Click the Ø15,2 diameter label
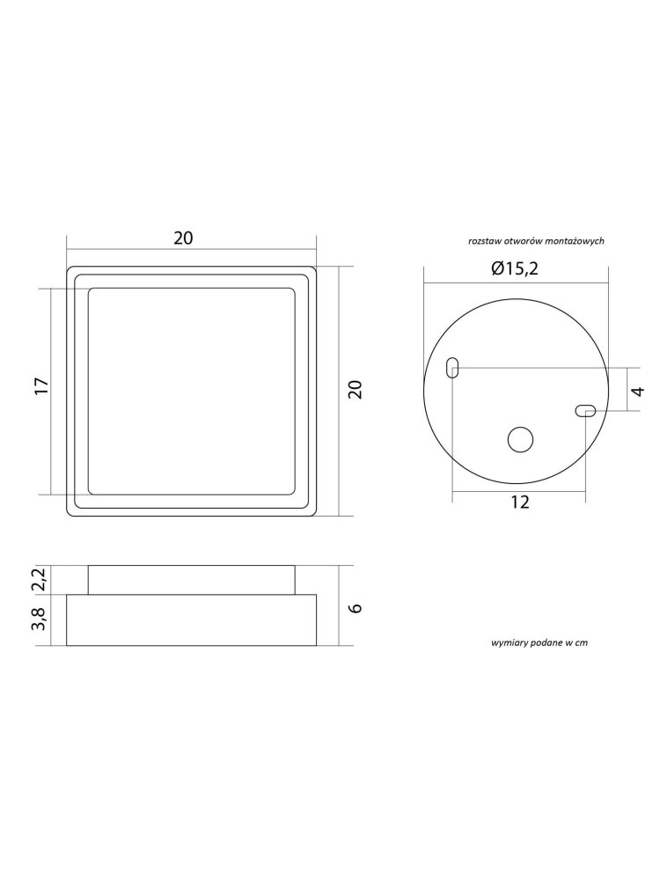(515, 268)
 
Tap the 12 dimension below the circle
(520, 502)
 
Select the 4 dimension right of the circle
(638, 391)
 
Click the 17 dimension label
(42, 386)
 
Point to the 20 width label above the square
(183, 238)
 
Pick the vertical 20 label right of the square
(356, 390)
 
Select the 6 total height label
(356, 608)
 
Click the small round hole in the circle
(520, 439)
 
